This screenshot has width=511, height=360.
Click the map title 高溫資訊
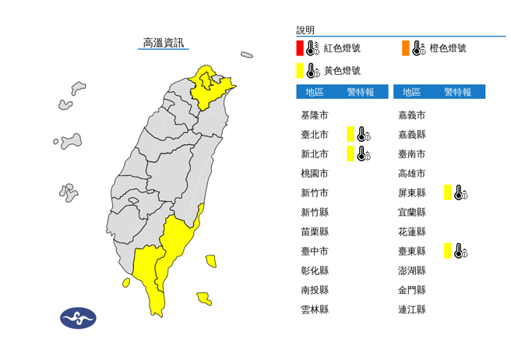point(164,43)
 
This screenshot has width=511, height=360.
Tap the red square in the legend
point(300,48)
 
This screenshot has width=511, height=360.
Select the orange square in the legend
point(406,48)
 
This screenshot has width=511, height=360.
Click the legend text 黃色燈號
point(342,71)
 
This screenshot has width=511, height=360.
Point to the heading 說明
point(306,30)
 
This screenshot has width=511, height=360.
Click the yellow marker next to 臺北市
point(351,134)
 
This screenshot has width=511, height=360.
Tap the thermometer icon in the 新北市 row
point(362,154)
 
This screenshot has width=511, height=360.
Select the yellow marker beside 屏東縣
point(448,192)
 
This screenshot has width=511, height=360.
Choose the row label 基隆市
point(314,115)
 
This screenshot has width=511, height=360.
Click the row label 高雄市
point(412,173)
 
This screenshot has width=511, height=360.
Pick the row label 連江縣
point(412,309)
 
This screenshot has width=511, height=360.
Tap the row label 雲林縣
point(314,309)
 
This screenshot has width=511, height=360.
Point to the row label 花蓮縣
point(412,231)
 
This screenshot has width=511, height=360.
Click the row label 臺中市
point(314,251)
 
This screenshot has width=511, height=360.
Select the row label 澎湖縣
point(412,270)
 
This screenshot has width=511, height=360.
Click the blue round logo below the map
point(78,318)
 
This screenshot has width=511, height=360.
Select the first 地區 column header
point(315,92)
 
